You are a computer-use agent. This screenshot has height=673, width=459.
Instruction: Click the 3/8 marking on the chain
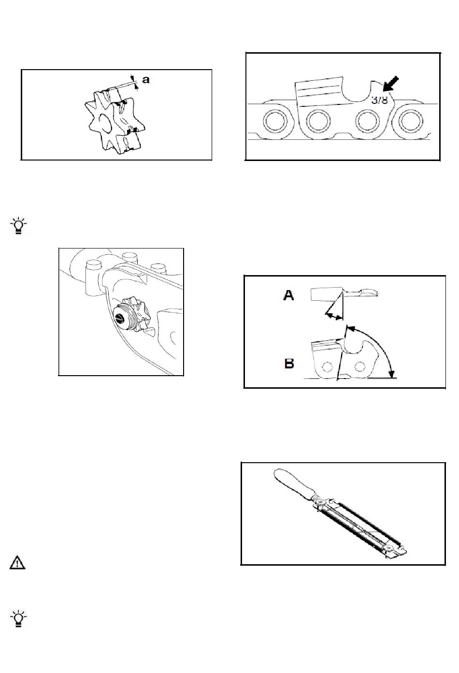pos(380,100)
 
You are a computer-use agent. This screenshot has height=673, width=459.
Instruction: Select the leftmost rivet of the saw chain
pos(273,121)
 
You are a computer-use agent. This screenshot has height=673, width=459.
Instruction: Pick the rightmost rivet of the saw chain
pos(411,121)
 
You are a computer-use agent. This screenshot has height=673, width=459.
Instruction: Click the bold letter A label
pos(288,295)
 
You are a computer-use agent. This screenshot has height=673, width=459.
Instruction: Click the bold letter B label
pos(289,363)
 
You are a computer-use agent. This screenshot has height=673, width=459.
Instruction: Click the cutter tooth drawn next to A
pos(327,293)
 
